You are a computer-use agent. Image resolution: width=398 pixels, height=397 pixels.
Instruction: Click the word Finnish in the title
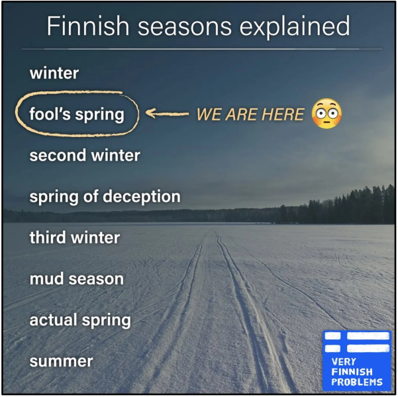point(88,25)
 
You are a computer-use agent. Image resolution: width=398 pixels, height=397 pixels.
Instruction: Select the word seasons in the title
point(185,27)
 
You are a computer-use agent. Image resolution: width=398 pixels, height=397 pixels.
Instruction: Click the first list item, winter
point(54,73)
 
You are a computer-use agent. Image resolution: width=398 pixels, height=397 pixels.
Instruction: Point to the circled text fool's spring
point(77,114)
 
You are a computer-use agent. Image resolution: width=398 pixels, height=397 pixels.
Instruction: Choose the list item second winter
point(85,155)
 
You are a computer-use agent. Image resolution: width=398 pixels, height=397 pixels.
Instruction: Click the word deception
point(142,197)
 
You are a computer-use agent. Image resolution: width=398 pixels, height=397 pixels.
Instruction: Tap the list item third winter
point(75,237)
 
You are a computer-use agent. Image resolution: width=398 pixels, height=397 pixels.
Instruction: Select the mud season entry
point(77,279)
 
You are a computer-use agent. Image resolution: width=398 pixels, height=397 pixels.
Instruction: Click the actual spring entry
point(80,320)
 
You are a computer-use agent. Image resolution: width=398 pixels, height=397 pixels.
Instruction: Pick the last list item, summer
point(61,361)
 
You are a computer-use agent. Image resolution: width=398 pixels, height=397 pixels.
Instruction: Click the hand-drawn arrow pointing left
point(167,113)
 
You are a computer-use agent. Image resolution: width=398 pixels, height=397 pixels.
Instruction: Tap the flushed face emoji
point(326,113)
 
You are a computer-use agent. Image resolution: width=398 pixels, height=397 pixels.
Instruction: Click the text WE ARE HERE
point(250,114)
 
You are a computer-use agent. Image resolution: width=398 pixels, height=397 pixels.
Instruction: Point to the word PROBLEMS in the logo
point(357,382)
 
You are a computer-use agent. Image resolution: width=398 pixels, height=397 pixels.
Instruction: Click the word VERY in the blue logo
point(344,361)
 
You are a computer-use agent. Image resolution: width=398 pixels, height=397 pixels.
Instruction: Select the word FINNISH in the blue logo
point(352,372)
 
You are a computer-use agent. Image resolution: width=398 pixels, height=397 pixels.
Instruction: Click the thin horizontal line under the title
point(202,49)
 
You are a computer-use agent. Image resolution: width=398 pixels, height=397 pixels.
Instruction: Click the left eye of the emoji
point(321,113)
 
